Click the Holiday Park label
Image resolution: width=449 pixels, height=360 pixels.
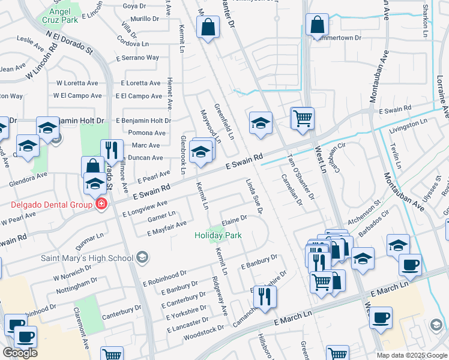pos(218,235)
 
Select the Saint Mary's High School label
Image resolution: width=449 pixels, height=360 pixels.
pos(86,258)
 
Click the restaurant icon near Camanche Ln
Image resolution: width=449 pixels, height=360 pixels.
pos(264,295)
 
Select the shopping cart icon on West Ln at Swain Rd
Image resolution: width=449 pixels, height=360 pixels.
pos(302,118)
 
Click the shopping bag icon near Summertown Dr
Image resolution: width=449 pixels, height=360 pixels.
pos(317,25)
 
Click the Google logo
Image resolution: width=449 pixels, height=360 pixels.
pos(20,353)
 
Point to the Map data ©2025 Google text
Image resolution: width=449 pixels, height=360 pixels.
pos(412,355)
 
